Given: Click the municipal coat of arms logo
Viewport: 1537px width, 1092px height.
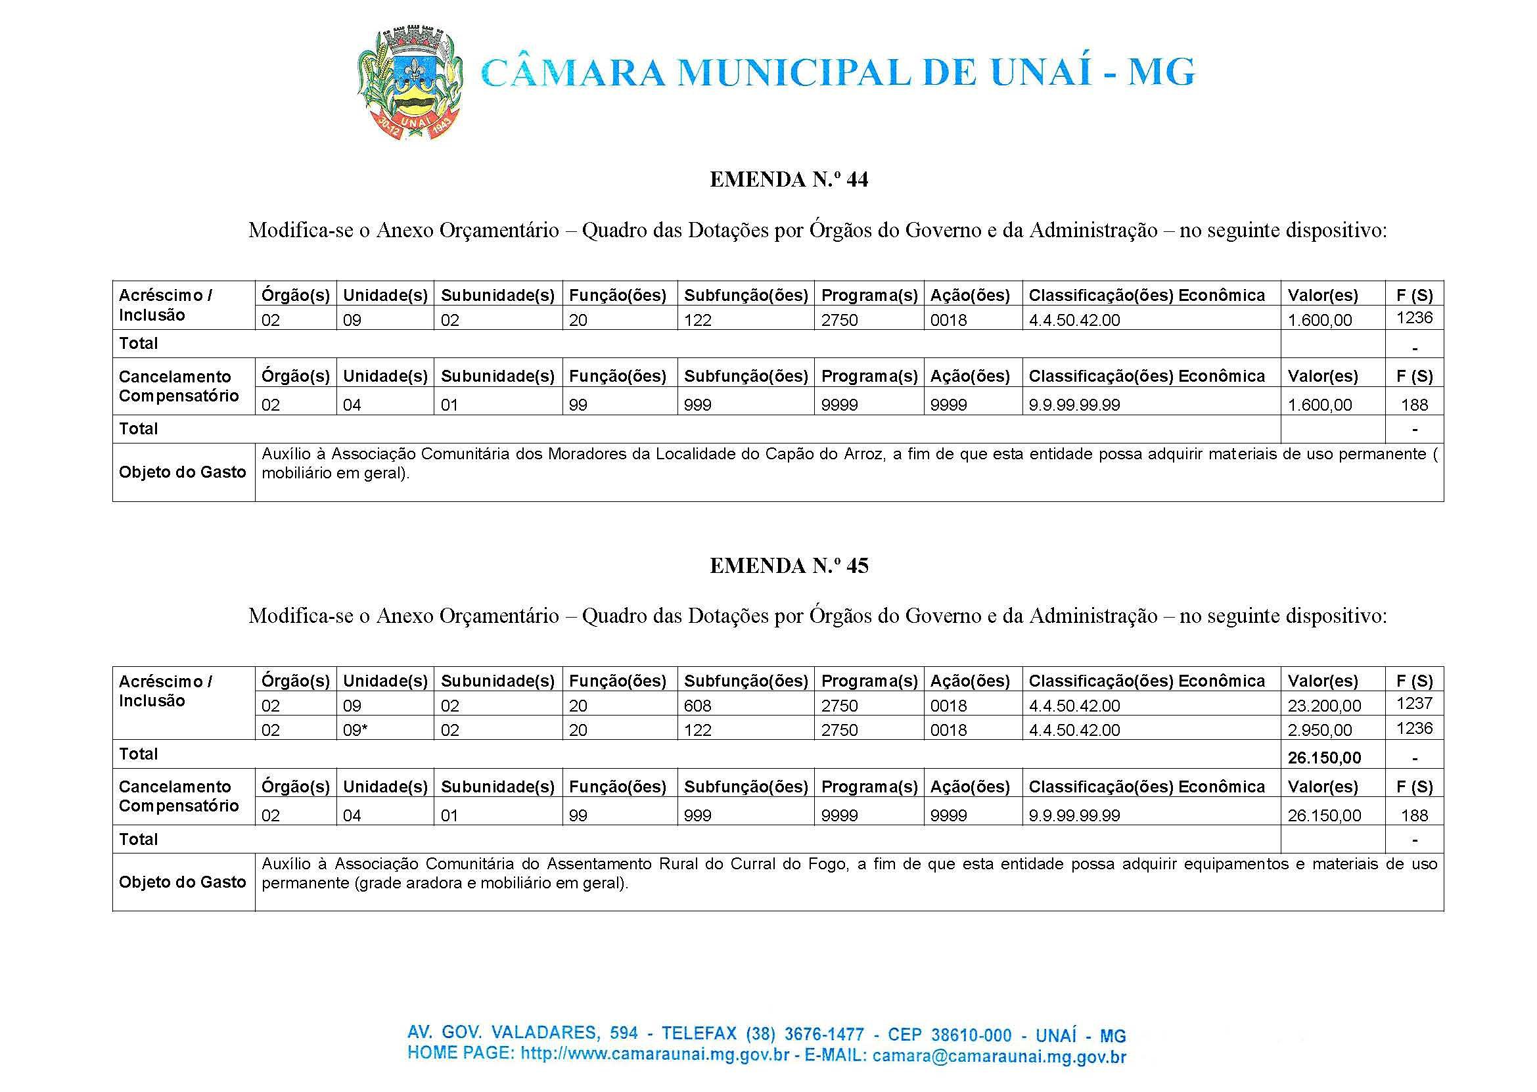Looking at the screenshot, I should pyautogui.click(x=409, y=83).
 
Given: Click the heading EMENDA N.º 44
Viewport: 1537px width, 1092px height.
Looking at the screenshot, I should pyautogui.click(x=789, y=179).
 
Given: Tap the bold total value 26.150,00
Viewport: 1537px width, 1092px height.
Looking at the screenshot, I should pyautogui.click(x=1324, y=758).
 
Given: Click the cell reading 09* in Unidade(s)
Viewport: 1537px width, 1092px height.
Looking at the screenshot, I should pyautogui.click(x=355, y=730).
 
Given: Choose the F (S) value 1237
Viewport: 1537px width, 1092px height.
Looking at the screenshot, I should pyautogui.click(x=1414, y=703).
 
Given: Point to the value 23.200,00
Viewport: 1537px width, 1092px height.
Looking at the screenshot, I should pyautogui.click(x=1324, y=706).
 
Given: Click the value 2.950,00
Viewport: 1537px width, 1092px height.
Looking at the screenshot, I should pyautogui.click(x=1319, y=730).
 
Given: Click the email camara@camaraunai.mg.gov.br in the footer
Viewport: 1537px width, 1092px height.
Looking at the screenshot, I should pyautogui.click(x=999, y=1057).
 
